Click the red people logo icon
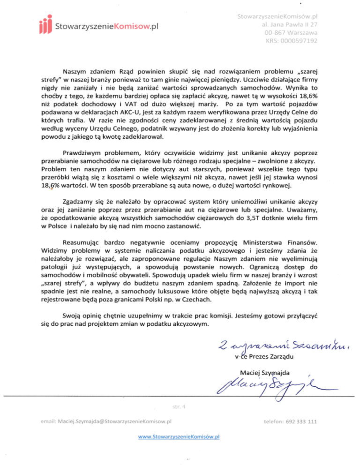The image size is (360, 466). [x=44, y=25]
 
